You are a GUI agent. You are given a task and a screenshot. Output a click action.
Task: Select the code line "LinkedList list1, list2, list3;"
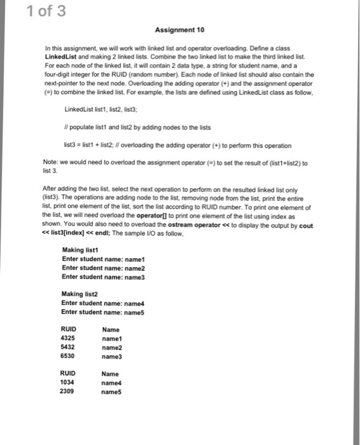coord(102,110)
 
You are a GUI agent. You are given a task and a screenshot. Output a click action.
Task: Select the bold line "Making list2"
coord(79,294)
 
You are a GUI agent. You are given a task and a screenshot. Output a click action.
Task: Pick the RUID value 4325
coord(67,339)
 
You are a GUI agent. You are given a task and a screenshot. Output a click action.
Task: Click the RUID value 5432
coord(67,348)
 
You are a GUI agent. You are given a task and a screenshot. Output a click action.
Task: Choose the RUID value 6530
coord(67,357)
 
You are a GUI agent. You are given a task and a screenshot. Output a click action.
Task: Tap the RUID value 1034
coord(67,383)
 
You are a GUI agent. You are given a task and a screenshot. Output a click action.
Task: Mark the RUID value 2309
coord(67,392)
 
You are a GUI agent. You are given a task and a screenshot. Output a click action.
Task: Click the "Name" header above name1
coord(110,330)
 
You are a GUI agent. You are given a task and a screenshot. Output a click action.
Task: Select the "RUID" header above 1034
coord(67,374)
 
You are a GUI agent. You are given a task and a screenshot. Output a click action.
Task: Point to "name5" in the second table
coord(112,392)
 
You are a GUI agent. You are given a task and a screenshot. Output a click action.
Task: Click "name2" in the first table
coord(112,348)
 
